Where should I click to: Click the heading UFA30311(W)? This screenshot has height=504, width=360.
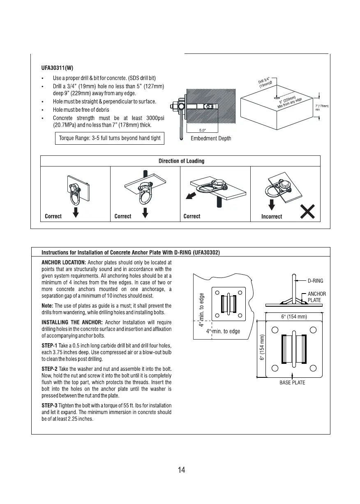click(58, 68)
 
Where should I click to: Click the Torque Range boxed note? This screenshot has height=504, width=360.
click(110, 138)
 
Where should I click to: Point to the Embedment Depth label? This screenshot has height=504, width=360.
click(211, 139)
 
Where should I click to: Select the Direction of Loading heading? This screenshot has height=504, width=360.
click(181, 161)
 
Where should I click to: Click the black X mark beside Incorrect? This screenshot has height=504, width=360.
click(308, 213)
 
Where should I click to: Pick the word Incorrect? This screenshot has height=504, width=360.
click(272, 217)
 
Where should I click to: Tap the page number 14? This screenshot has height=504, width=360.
click(181, 470)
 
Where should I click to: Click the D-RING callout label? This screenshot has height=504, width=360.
click(315, 281)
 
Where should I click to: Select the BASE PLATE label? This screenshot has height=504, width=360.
click(292, 383)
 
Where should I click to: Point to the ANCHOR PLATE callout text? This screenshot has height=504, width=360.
click(317, 297)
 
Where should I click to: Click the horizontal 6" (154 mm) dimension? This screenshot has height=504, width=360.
click(294, 317)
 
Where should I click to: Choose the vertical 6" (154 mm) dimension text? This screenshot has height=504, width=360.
click(262, 347)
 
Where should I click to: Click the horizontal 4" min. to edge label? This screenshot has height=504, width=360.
click(223, 332)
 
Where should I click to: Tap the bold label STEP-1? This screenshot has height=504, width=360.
click(50, 344)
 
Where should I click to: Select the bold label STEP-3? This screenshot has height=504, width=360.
click(50, 406)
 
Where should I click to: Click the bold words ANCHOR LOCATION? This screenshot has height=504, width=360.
click(64, 262)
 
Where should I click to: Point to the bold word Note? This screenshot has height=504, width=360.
click(48, 306)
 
